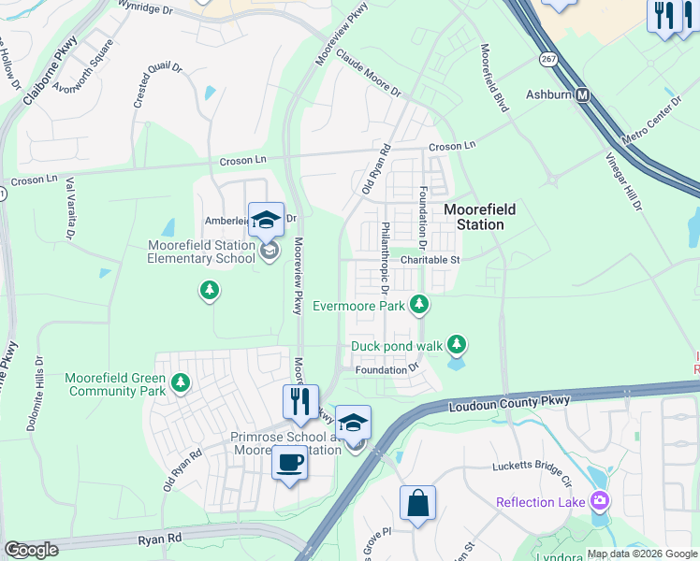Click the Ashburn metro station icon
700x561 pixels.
583,95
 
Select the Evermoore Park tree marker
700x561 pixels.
420,304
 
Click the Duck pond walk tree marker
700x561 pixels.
456,345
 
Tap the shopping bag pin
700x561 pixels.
417,502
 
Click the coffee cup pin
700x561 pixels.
289,462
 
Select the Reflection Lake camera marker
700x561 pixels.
599,501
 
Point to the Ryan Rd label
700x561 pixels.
159,539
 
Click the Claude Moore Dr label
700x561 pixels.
368,74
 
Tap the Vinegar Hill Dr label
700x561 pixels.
624,179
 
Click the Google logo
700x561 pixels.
31,550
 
